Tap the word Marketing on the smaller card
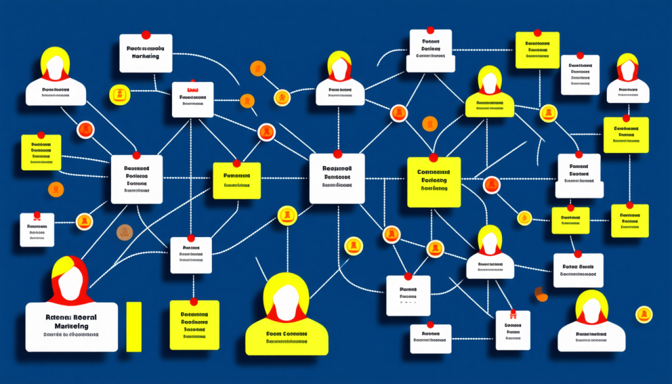point(146,56)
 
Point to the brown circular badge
point(124,232)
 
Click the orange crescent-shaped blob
point(541,294)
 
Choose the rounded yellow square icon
point(120,95)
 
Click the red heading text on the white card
point(192,89)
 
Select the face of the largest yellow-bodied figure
point(286,304)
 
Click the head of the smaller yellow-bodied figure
point(490,80)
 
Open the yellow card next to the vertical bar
point(194,324)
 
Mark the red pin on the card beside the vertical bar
point(194,301)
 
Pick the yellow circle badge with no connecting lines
point(643,314)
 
